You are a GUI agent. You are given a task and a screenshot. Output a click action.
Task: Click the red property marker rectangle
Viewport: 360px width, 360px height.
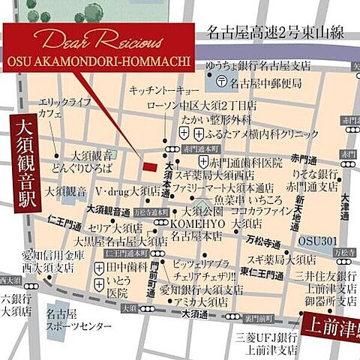(x=151, y=166)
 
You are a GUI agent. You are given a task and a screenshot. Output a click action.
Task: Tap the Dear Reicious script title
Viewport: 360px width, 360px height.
(x=98, y=40)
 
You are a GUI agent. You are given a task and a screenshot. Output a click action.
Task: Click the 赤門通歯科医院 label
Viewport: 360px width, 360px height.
(x=245, y=161)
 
